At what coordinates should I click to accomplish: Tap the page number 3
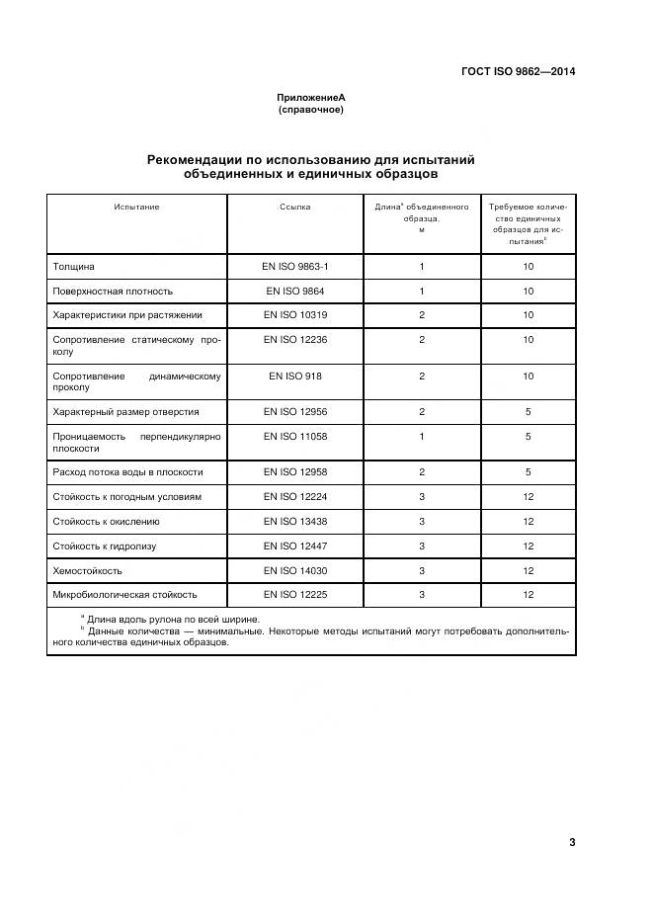(572, 841)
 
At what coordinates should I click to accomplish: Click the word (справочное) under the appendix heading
(311, 110)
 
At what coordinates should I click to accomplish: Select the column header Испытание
(136, 208)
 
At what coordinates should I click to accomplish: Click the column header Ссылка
(294, 208)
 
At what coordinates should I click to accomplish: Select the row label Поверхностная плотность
(112, 292)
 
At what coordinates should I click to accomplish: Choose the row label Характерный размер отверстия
(125, 412)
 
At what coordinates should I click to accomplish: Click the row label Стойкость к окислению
(106, 522)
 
